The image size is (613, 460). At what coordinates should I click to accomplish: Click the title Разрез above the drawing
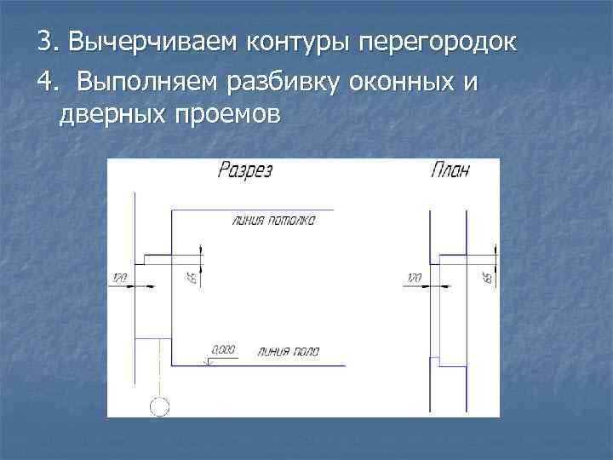pyautogui.click(x=244, y=170)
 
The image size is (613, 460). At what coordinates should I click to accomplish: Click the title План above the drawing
pyautogui.click(x=450, y=170)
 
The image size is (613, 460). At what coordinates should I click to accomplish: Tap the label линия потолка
pyautogui.click(x=273, y=220)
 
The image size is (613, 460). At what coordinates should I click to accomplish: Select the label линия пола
pyautogui.click(x=285, y=350)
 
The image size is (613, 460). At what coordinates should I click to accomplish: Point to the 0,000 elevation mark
pyautogui.click(x=223, y=348)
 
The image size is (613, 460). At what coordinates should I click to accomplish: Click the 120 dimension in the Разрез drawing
pyautogui.click(x=118, y=278)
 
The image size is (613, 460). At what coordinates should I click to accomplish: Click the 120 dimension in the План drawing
pyautogui.click(x=414, y=278)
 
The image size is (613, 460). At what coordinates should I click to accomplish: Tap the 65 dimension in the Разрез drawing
pyautogui.click(x=192, y=277)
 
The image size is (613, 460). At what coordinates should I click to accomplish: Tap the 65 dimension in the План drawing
pyautogui.click(x=487, y=277)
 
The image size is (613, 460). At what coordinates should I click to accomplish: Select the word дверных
pyautogui.click(x=112, y=113)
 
